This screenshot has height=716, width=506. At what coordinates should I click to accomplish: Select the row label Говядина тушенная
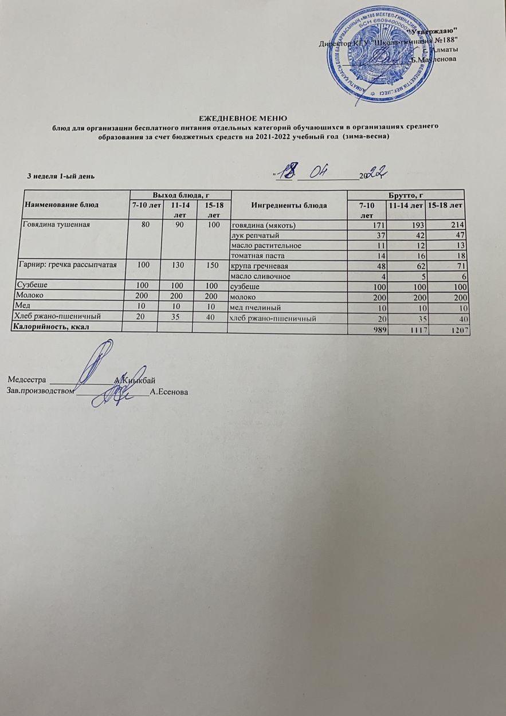56,225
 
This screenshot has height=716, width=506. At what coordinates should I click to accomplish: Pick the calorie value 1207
457,331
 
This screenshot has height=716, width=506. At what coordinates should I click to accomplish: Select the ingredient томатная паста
257,256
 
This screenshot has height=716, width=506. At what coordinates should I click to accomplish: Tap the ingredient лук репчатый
255,235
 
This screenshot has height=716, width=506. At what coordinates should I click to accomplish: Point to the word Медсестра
28,380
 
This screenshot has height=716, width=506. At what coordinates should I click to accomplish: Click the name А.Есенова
168,392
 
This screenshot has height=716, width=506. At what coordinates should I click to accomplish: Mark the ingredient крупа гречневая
259,266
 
